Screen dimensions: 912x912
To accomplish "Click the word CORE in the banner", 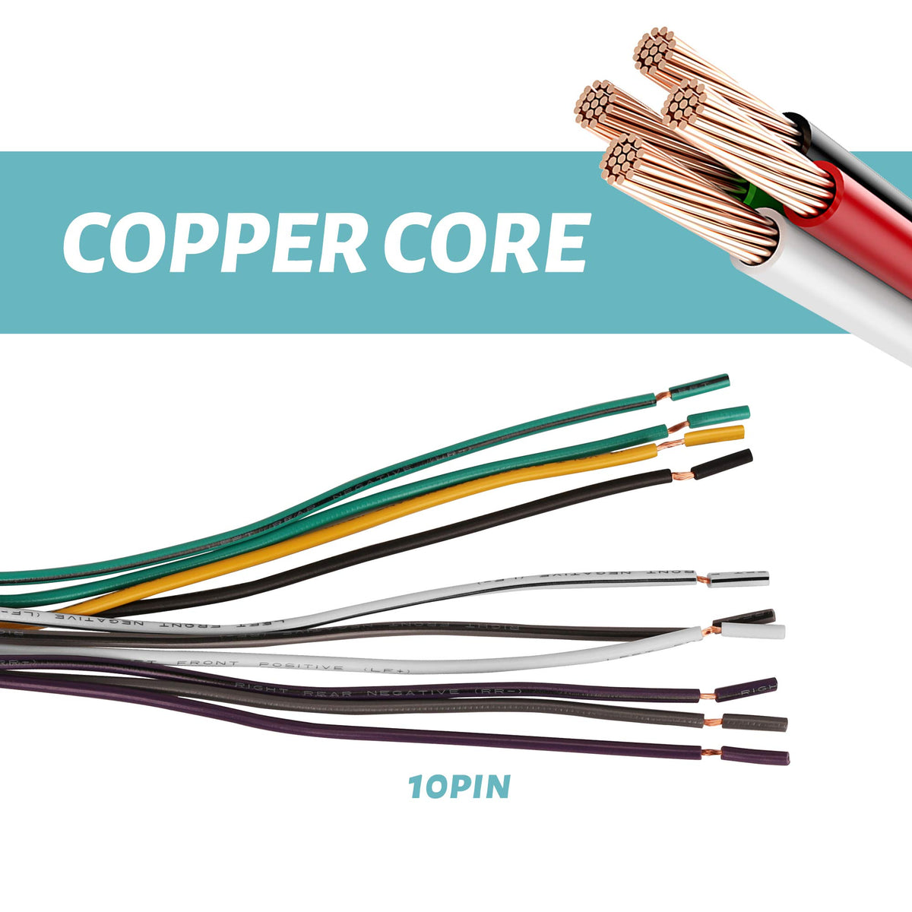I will (x=486, y=242).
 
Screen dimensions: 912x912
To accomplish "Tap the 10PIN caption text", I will (x=459, y=787).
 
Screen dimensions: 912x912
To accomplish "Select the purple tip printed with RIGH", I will (x=746, y=689).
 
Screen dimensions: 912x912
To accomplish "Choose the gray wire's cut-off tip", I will (x=754, y=722).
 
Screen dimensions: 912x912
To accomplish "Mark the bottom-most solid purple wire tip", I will (x=755, y=756).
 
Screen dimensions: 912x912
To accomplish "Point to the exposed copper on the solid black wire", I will (x=682, y=477).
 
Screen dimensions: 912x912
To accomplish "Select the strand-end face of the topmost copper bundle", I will (x=655, y=49).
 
